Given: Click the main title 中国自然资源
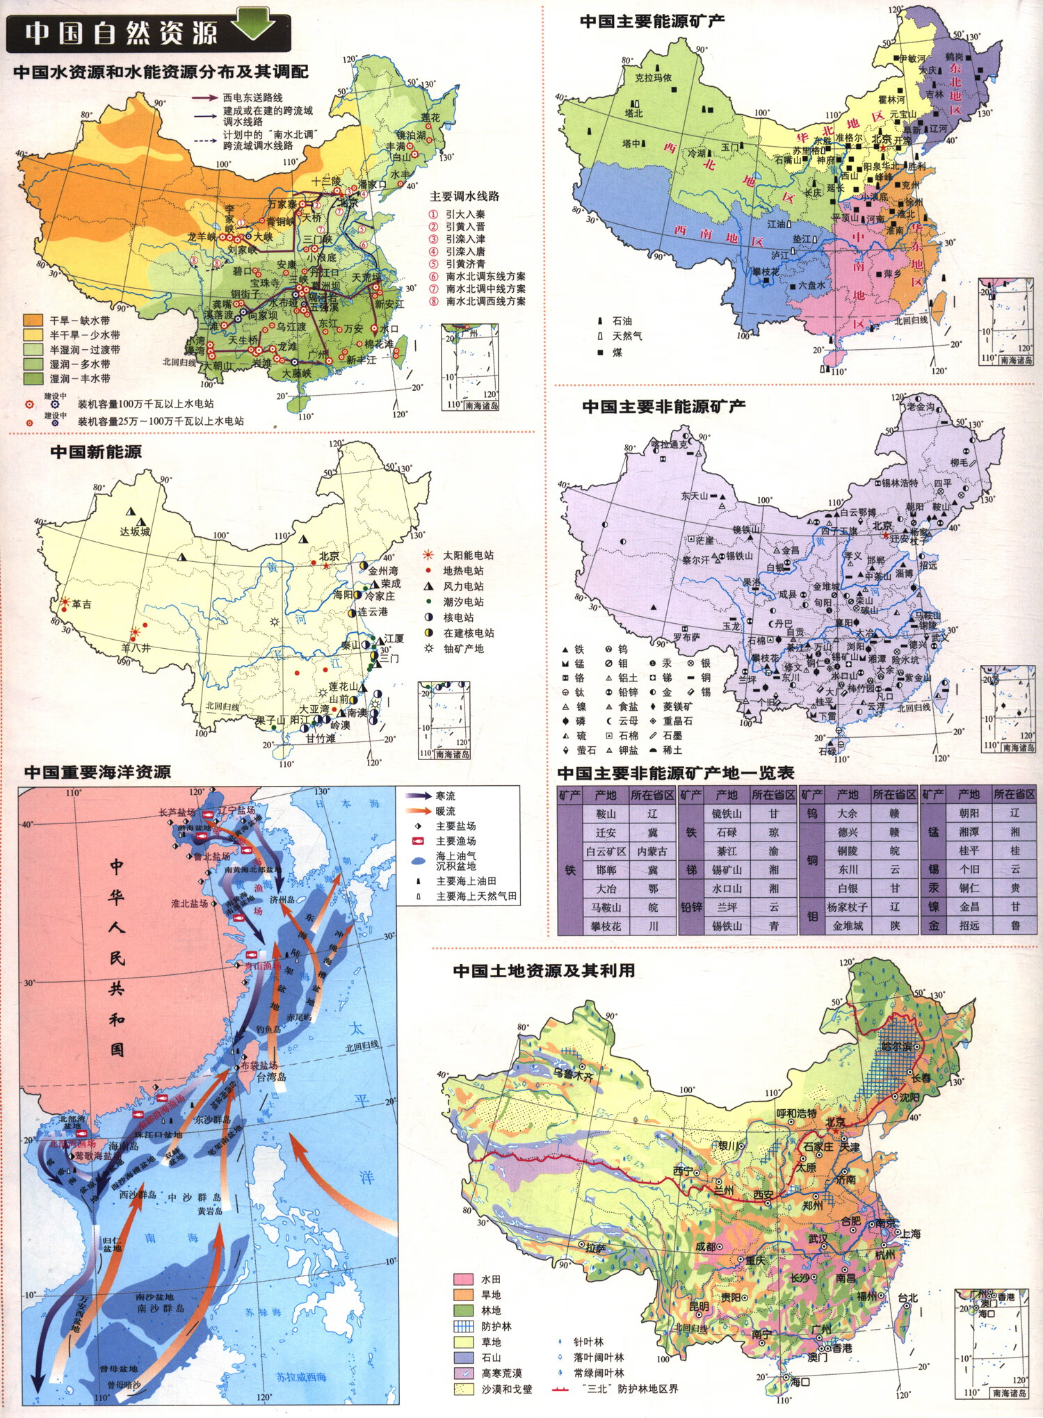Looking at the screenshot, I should tap(121, 33).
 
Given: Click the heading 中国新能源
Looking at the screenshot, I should tap(96, 452).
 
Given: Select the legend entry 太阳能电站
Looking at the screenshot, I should tap(467, 555).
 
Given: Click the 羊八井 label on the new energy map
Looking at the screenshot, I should tap(136, 647).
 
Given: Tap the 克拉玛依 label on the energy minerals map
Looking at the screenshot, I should tap(653, 78).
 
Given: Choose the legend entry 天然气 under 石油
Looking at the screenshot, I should tap(626, 336).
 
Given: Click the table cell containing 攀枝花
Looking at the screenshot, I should tap(606, 926).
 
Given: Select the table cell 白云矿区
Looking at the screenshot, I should tap(606, 851).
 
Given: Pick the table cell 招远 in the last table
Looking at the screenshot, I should tap(969, 926).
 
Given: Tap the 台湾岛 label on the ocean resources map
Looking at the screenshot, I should tap(271, 1077).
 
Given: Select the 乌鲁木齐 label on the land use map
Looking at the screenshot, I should tap(574, 1075).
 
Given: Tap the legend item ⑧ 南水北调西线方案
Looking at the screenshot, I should tap(485, 301).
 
